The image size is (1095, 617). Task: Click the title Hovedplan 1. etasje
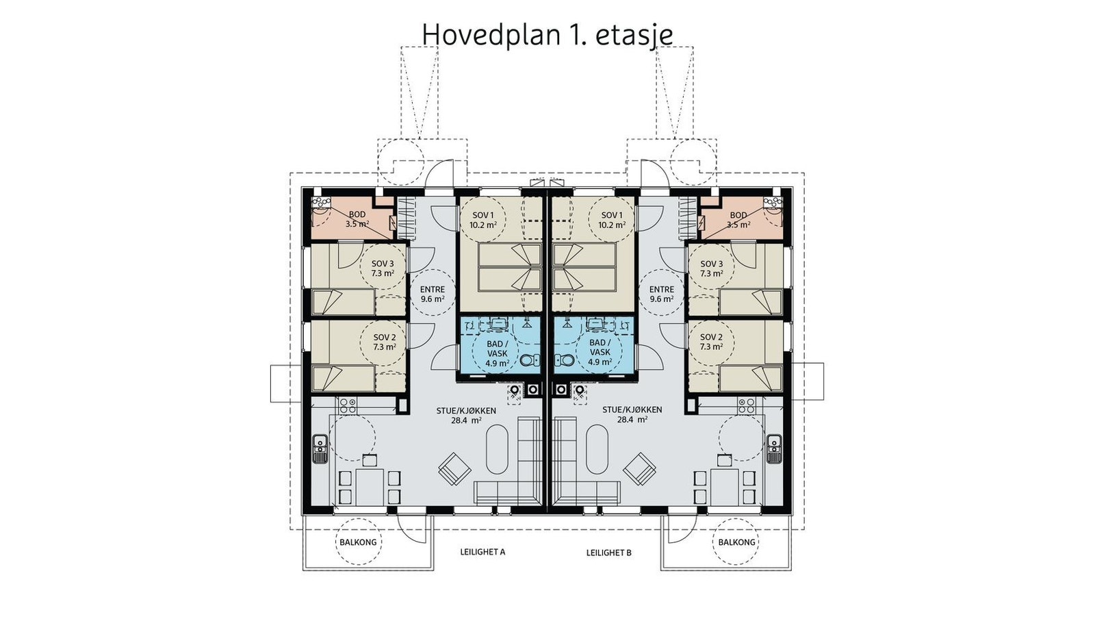pos(547,34)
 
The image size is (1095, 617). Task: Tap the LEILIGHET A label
pos(482,552)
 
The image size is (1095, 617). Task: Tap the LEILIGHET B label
pos(608,553)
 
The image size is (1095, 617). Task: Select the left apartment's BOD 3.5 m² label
pos(357,220)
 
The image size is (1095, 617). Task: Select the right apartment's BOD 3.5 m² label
pos(738,220)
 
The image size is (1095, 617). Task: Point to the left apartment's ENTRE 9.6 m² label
pos(432,294)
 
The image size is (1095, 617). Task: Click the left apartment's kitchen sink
pos(321,449)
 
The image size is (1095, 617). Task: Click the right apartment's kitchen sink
pos(774,449)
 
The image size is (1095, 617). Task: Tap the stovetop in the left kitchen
pos(347,405)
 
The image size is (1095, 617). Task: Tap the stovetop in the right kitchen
pos(747,405)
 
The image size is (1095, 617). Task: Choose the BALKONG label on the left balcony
pos(359,542)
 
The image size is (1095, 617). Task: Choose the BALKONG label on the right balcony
pos(736,542)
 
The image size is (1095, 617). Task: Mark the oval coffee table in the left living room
pos(498,449)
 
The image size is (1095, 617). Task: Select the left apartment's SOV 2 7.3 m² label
pos(384,342)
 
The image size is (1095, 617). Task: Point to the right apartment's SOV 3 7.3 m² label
pos(711,268)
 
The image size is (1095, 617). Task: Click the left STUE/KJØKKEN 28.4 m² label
pos(466,415)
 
